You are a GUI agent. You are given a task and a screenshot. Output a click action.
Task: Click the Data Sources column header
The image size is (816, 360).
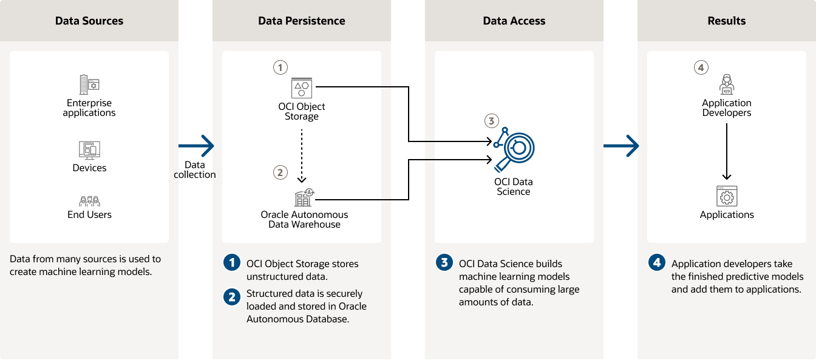(89, 21)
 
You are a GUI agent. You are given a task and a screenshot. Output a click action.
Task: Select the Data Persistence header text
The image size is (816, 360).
(301, 21)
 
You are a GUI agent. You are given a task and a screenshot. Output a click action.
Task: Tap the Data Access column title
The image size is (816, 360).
(514, 21)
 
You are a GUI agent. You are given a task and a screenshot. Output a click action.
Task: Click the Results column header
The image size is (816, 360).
(726, 21)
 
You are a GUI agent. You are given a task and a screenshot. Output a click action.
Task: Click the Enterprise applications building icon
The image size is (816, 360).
(89, 84)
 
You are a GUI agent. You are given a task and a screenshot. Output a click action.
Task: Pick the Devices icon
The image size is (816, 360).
(89, 149)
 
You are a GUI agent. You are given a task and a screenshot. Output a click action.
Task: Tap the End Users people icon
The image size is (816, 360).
(89, 200)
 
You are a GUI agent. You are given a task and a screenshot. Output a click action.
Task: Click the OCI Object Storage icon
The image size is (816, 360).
(301, 87)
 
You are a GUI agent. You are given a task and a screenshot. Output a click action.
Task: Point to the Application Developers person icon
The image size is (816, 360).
(726, 84)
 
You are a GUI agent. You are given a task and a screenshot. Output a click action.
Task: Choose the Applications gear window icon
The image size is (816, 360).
(726, 196)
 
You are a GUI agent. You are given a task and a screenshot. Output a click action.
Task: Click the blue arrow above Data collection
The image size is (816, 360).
(196, 146)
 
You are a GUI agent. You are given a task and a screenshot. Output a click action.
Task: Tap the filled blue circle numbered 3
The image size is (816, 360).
(444, 263)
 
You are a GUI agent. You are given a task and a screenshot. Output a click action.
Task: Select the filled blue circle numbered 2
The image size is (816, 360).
(231, 297)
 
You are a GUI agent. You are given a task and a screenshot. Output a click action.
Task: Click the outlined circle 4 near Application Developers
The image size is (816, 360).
(701, 67)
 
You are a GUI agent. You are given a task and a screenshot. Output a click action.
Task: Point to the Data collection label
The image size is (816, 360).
(194, 170)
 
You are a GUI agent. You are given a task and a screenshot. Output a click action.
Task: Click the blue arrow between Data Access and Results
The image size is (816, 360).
(621, 146)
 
